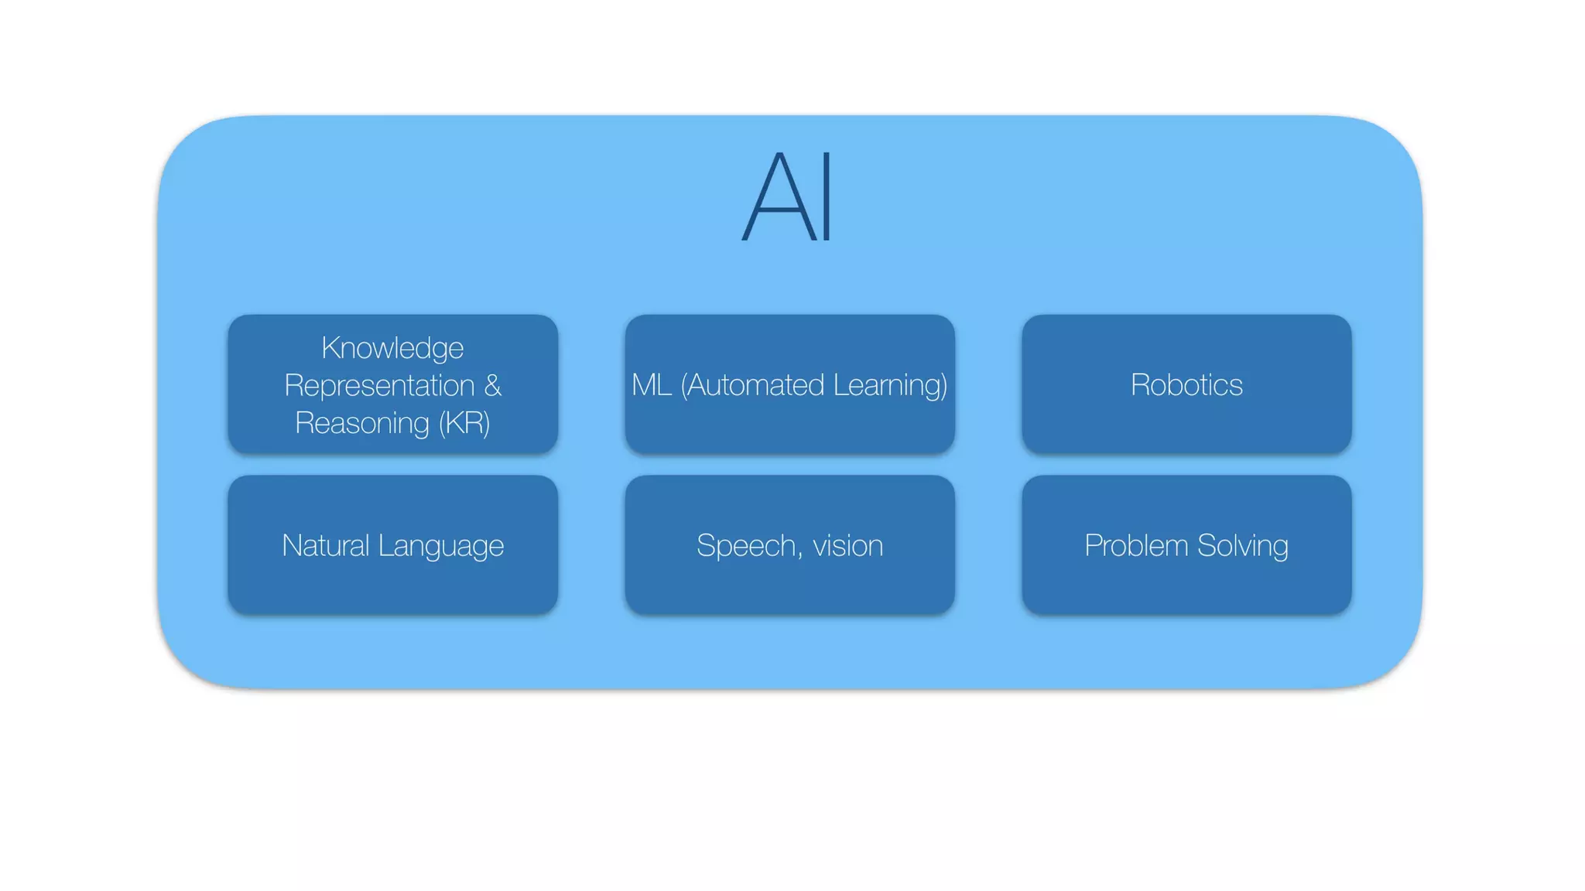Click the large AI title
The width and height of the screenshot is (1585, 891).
tap(787, 197)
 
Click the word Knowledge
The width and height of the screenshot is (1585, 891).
tap(392, 348)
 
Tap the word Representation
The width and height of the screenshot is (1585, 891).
tap(379, 385)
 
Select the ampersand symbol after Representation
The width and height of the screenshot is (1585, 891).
tap(493, 385)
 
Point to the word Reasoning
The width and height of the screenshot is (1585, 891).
tap(362, 423)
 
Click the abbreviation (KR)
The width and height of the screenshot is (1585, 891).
tap(464, 423)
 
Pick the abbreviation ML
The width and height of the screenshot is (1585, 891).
tap(651, 384)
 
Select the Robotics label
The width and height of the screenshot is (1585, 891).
tap(1186, 384)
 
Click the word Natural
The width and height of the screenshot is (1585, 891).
tap(325, 545)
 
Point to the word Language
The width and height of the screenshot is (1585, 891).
tap(442, 546)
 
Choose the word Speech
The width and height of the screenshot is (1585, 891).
tap(745, 545)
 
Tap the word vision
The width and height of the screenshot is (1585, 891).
tap(847, 546)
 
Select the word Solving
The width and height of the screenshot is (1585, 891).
tap(1243, 546)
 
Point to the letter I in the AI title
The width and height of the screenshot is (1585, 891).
tap(827, 197)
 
